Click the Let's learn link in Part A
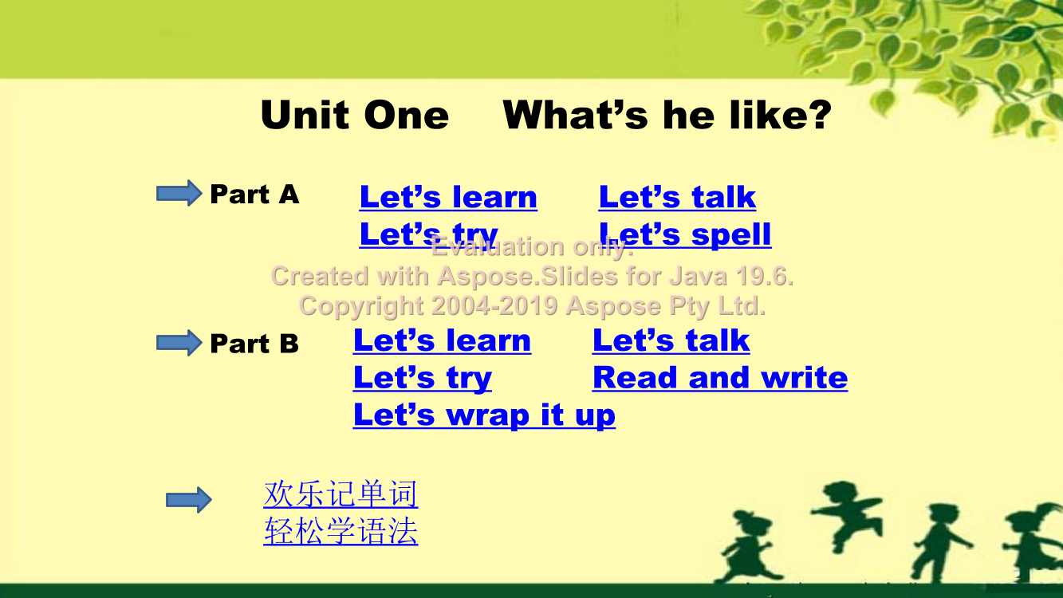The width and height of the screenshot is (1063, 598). [448, 197]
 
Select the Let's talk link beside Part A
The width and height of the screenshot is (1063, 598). [677, 197]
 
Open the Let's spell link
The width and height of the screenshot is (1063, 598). [685, 234]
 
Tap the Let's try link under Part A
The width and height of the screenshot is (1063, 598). [428, 234]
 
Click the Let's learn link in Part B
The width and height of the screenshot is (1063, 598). [443, 340]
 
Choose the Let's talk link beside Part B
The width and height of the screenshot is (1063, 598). [671, 340]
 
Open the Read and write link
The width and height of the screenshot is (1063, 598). [720, 378]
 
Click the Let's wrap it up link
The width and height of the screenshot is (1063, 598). [485, 415]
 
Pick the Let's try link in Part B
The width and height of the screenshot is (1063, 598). [423, 378]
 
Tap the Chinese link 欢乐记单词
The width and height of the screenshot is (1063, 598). [341, 494]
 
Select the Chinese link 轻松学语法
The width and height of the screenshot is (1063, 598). [341, 531]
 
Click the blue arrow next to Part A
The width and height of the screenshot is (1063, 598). [179, 193]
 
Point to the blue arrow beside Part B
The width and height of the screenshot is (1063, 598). [179, 343]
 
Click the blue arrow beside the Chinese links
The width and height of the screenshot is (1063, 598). [189, 500]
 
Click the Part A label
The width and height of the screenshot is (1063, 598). [254, 194]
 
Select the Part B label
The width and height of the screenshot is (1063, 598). [254, 344]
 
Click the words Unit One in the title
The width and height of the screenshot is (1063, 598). [355, 115]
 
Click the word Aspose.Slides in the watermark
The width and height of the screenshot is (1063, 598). [527, 277]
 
